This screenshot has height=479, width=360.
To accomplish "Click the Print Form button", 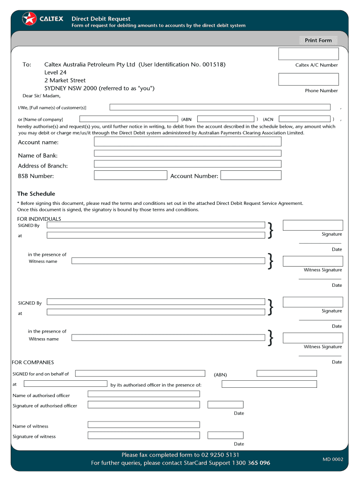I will point(318,41).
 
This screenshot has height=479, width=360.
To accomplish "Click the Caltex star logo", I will point(29,19).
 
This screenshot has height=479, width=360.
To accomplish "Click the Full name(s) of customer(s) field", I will point(220,107).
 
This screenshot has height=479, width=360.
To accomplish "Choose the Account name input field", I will point(187,142).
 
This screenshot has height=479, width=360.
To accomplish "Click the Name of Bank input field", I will point(187,153).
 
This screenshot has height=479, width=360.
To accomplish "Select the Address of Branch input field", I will point(187,164).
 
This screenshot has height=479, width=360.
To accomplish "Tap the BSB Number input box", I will point(130,175).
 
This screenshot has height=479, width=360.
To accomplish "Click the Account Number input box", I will point(251,175).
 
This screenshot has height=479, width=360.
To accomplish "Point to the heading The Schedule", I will point(36,194).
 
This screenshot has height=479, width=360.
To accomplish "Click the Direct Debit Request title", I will point(101,19).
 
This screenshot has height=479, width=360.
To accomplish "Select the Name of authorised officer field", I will point(144,394).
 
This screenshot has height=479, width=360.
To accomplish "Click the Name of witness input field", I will point(144,425).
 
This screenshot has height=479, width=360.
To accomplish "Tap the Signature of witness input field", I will point(144,435).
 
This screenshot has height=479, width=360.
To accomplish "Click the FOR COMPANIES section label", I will point(33,363).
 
